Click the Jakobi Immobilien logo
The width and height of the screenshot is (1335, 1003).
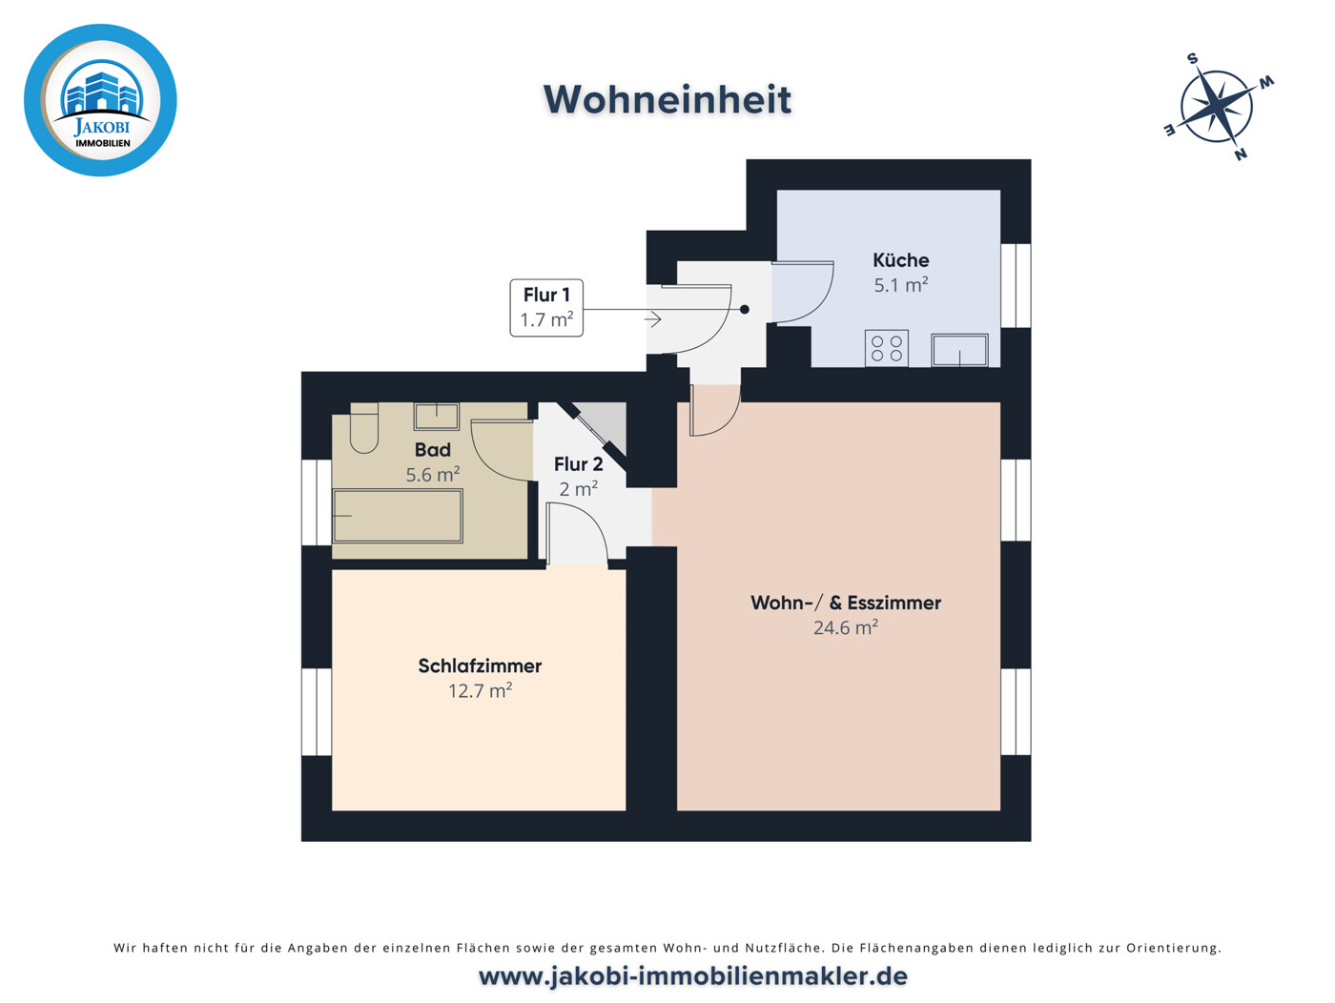[100, 100]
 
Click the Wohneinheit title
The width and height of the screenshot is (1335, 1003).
[667, 100]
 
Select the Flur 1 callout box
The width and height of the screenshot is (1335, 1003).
[546, 307]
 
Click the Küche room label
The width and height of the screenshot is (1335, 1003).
[900, 260]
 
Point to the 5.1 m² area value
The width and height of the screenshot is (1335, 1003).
[900, 285]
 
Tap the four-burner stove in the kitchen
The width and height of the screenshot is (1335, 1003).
[887, 348]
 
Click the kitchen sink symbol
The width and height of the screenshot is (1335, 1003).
[959, 350]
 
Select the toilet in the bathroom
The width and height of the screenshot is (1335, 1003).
[364, 428]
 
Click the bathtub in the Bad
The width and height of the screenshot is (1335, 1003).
[398, 516]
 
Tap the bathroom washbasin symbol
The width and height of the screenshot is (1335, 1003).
[436, 416]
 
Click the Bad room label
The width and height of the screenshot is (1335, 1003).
[432, 450]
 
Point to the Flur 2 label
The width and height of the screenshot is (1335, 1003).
[578, 464]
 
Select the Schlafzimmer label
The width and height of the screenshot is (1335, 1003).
[480, 666]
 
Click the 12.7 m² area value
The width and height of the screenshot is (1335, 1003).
[480, 691]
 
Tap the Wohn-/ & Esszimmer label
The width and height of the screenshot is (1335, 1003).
[845, 603]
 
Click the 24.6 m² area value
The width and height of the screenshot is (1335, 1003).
[845, 628]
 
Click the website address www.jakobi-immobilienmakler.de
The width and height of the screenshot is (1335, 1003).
[693, 976]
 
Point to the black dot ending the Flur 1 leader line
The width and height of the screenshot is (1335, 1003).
[745, 309]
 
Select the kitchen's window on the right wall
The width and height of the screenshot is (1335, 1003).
[1017, 285]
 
